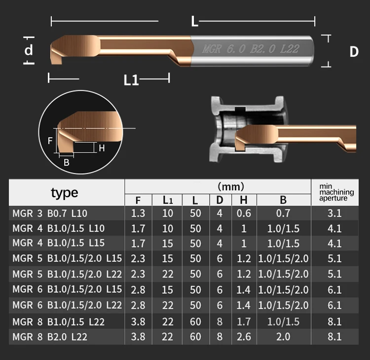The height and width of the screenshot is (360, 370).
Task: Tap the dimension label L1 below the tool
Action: coord(131,80)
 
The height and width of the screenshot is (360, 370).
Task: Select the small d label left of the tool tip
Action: coord(29,50)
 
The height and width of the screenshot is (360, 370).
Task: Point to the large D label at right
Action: coord(354,51)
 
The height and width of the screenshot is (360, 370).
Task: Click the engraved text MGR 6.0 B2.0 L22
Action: coord(251,49)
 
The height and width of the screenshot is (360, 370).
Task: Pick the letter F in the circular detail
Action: coord(50,141)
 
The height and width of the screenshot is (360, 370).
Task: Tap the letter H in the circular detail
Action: coord(102,148)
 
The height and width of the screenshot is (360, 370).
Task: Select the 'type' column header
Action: coord(65,192)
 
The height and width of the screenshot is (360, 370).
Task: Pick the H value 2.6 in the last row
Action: coord(243,337)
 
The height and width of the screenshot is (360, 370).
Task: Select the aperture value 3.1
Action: coord(335,213)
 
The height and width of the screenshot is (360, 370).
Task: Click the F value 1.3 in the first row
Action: coord(138,213)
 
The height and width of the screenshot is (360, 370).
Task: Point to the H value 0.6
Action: coord(243,213)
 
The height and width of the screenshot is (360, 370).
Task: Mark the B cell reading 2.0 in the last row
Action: coord(283,337)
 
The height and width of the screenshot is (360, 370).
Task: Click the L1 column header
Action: coord(168,200)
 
